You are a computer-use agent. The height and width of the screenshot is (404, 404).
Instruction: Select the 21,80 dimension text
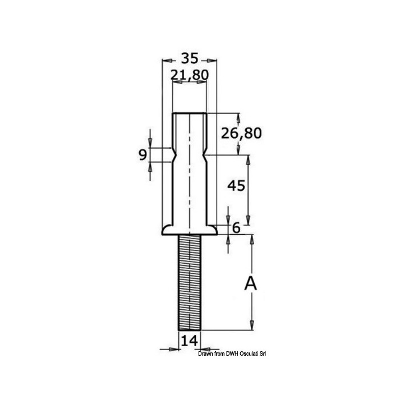point(190,75)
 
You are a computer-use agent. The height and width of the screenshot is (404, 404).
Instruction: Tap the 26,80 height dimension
point(241,133)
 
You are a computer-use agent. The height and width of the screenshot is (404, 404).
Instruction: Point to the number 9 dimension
point(143,155)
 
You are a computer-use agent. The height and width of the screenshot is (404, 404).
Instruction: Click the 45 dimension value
point(236,186)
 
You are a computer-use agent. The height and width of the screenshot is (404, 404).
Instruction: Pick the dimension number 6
point(236,228)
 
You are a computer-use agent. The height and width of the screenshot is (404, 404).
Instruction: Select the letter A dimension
point(250,283)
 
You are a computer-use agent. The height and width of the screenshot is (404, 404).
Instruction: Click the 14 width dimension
point(190,341)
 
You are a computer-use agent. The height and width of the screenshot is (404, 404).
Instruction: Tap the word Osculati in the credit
point(249,354)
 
